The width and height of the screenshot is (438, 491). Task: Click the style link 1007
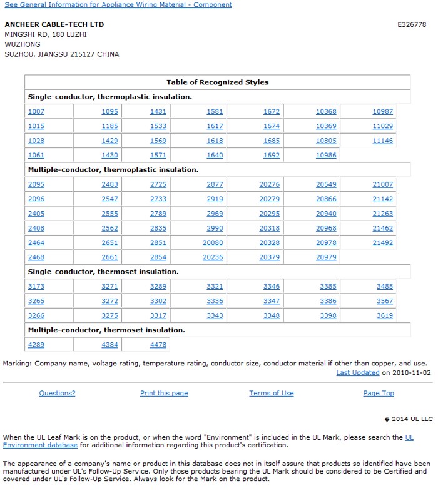36,112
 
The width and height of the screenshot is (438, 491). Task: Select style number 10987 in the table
382,112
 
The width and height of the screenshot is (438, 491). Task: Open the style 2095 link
36,185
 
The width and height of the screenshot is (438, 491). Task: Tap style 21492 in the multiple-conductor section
382,243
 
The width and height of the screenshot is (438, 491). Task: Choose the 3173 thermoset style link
36,287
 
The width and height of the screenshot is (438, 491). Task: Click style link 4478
158,345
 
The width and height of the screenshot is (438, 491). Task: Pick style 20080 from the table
213,243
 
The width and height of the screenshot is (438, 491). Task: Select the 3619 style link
385,316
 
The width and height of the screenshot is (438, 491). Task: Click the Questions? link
57,394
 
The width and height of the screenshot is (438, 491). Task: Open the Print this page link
164,394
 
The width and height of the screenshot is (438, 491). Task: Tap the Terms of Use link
271,394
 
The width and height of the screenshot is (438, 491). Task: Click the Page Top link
379,394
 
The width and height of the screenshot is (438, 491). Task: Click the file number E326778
412,25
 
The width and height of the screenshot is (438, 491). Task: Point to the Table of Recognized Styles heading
217,82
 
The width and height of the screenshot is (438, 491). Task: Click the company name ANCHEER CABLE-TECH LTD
54,24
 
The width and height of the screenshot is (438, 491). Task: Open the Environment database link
40,445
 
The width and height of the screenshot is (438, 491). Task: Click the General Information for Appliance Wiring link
118,5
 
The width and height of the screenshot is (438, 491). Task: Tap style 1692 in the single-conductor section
272,156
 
